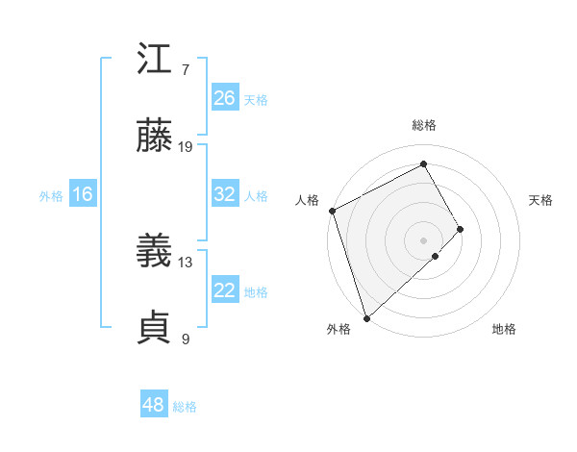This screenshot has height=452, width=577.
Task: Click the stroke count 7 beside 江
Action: click(186, 70)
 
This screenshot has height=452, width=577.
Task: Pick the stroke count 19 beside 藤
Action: click(187, 147)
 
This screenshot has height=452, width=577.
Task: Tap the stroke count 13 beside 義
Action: click(187, 262)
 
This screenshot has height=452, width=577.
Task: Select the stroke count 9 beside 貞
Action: click(186, 339)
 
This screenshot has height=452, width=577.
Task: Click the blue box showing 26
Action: click(225, 98)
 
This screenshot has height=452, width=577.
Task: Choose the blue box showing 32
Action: click(225, 194)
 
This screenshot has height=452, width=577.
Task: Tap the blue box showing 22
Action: click(225, 290)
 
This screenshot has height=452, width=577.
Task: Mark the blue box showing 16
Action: click(82, 194)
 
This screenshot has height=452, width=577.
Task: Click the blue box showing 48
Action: click(154, 405)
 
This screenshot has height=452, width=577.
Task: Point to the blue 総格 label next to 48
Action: click(185, 407)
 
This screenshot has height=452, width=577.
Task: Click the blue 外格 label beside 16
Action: click(51, 196)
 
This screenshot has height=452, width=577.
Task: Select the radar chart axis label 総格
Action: click(424, 125)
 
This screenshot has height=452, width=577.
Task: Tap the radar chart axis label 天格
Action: click(541, 200)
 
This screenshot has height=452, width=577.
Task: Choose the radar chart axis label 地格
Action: click(504, 329)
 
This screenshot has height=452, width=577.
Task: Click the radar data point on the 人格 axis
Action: click(332, 211)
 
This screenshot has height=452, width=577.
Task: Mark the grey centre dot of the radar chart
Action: click(423, 239)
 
